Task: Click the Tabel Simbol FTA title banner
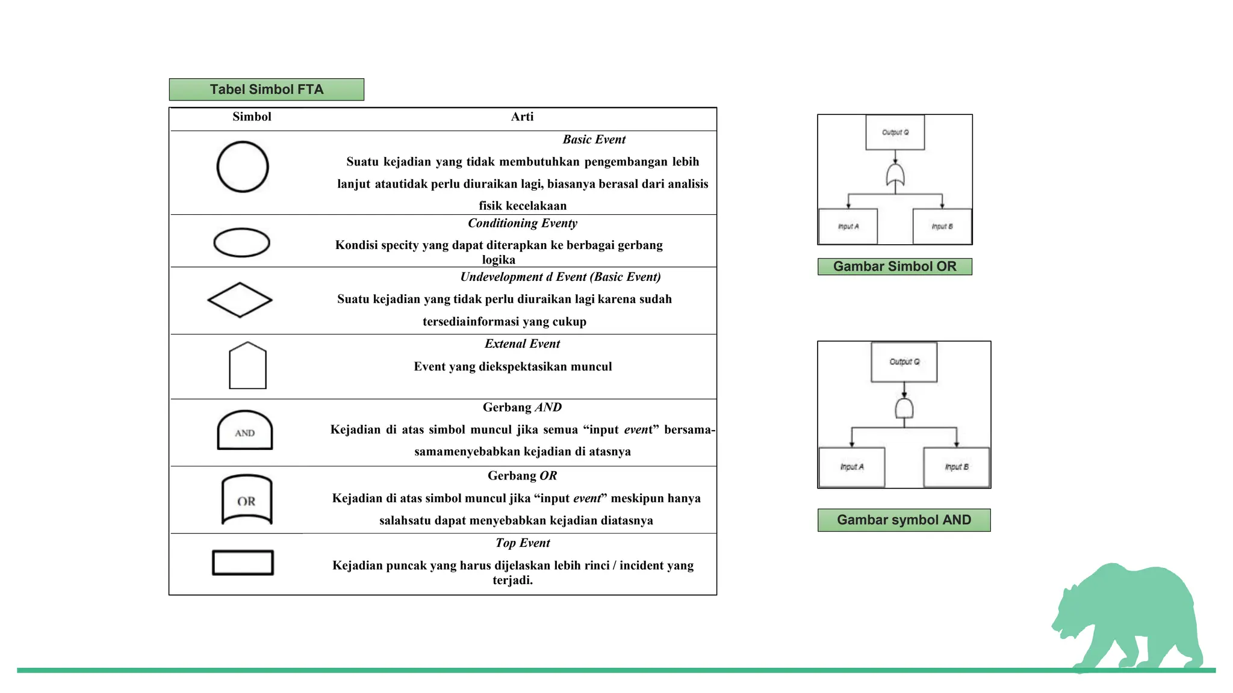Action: tap(266, 90)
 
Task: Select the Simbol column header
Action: tap(252, 117)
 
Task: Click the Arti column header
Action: tap(522, 117)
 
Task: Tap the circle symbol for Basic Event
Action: tap(243, 167)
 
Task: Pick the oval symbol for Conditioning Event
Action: tap(242, 242)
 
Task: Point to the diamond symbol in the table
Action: tap(240, 300)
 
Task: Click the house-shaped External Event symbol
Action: tap(247, 366)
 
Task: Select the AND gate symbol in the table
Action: tap(244, 431)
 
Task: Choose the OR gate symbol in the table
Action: tap(247, 499)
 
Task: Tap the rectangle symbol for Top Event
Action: tap(243, 562)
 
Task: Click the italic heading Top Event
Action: tap(523, 543)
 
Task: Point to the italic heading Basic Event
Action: tap(594, 140)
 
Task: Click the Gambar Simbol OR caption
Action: tap(895, 266)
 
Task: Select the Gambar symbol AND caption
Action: tap(904, 520)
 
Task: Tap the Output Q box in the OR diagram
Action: tap(895, 132)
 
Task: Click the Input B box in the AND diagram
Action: tap(956, 467)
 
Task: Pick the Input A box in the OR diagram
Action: tap(848, 226)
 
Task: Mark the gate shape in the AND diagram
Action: tap(904, 408)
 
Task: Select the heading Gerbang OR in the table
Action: tap(522, 476)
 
